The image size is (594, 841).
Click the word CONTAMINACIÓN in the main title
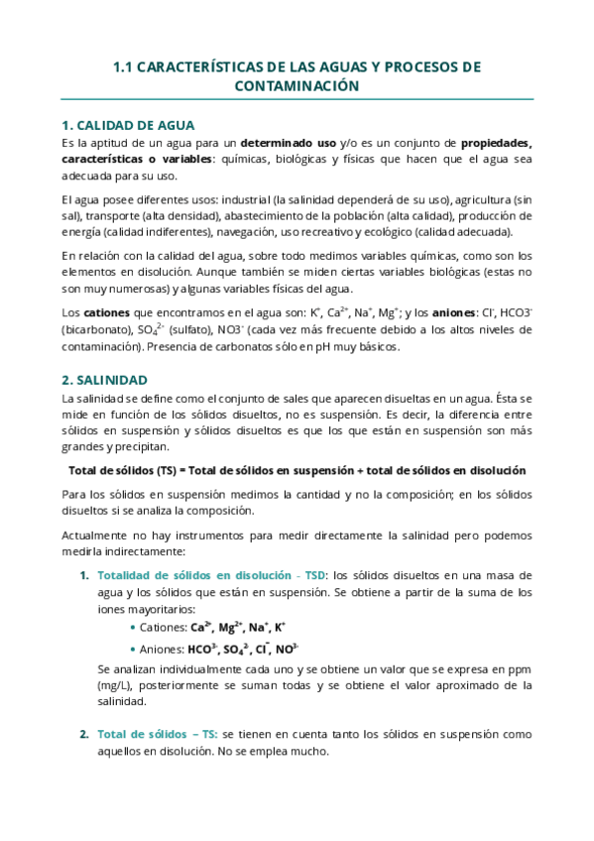(296, 86)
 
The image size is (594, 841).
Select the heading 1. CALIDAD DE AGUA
(127, 126)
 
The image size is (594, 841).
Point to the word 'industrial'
(246, 198)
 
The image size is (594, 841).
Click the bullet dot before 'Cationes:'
(133, 628)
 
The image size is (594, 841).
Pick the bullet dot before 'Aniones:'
(133, 649)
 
